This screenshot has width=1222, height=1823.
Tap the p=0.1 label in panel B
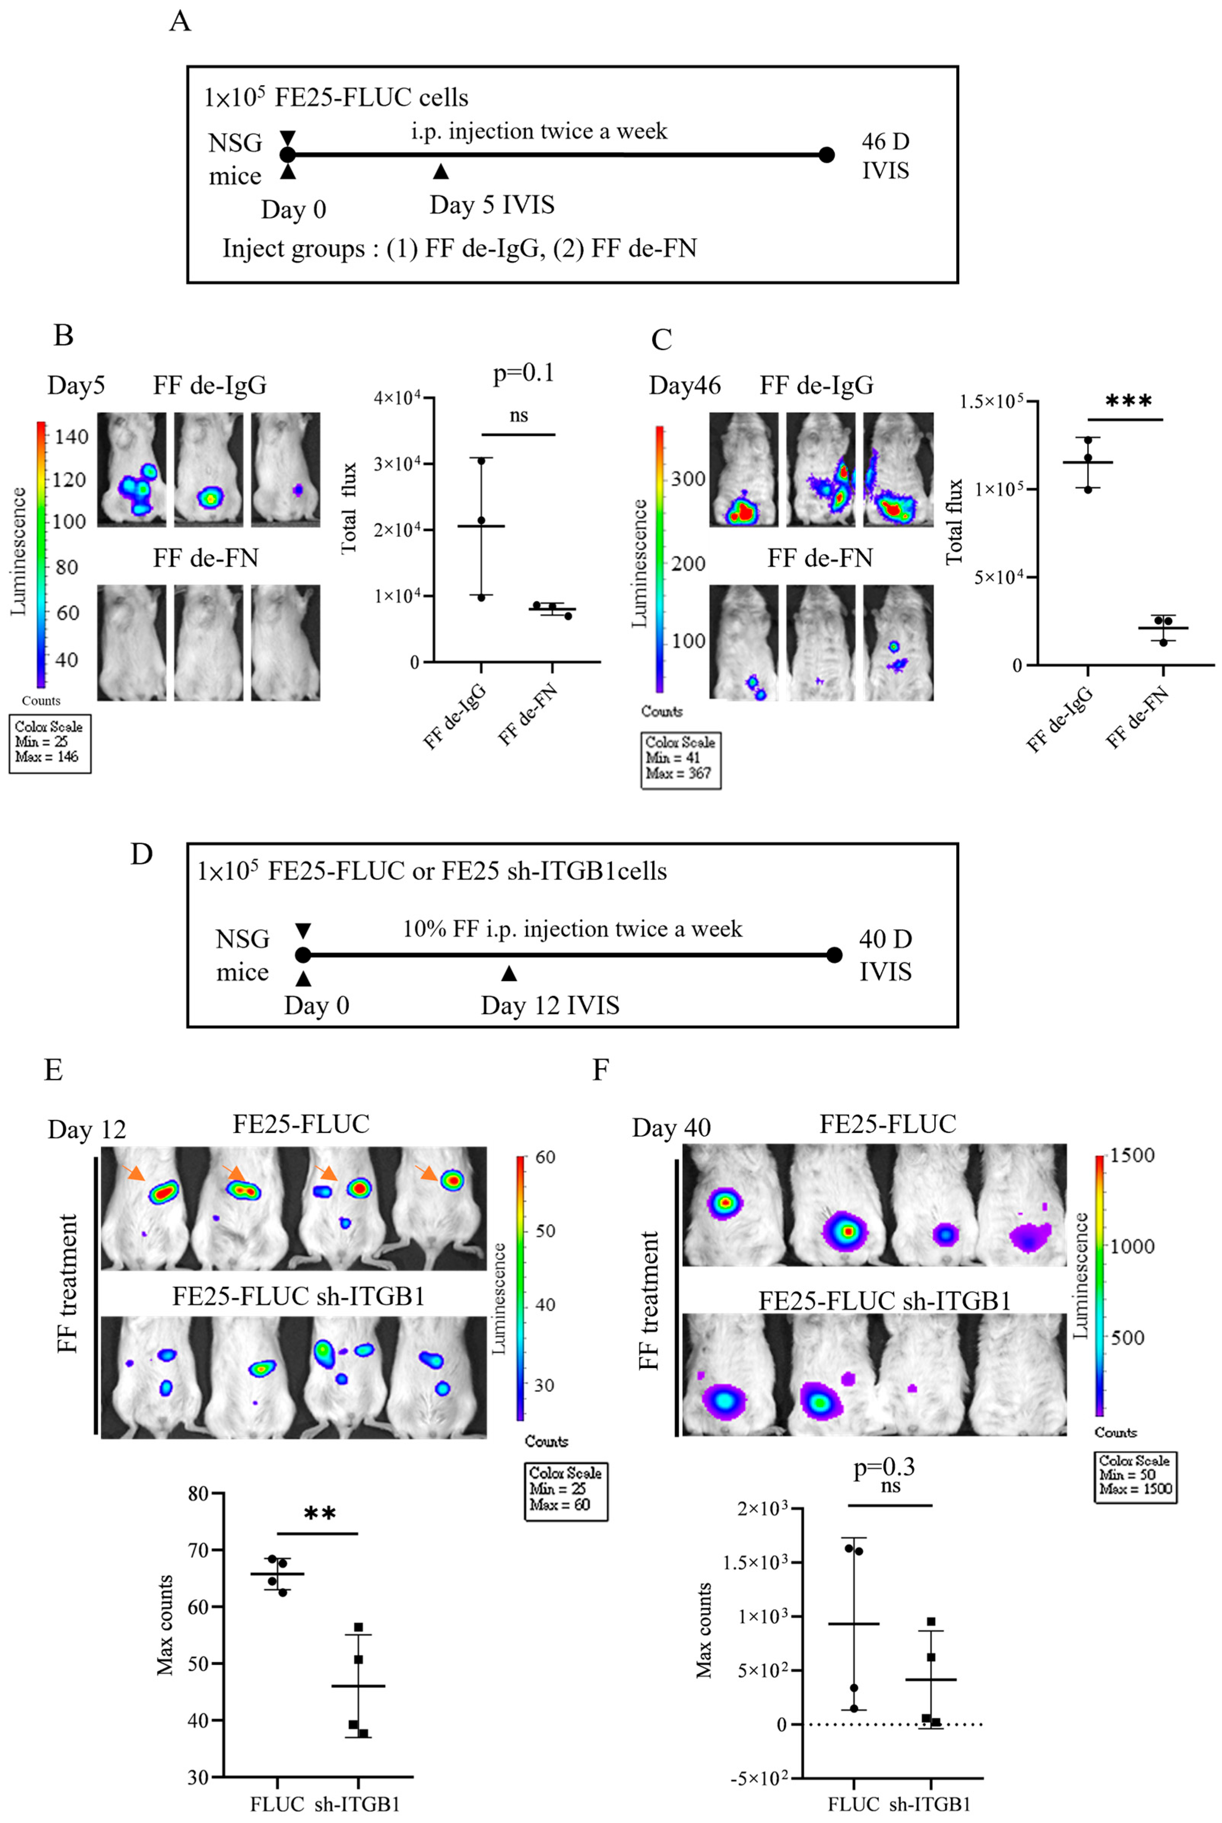(x=523, y=373)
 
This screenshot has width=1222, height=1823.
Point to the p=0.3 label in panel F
(x=884, y=1468)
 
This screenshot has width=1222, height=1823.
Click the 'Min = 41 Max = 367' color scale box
(x=680, y=760)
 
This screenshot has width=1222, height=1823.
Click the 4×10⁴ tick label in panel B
(x=398, y=398)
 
